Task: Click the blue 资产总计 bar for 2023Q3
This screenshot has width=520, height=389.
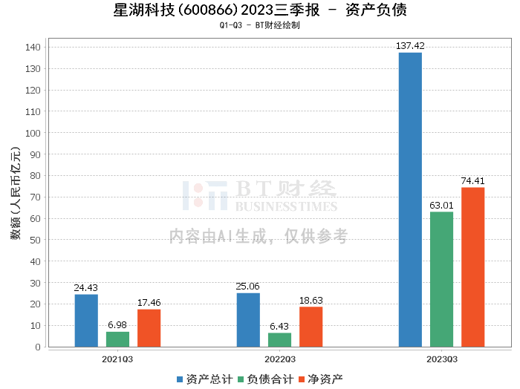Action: (x=410, y=200)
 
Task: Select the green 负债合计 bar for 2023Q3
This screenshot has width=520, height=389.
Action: (x=441, y=279)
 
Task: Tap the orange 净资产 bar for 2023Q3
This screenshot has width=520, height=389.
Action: (x=472, y=267)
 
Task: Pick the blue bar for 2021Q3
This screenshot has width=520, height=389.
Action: (x=86, y=321)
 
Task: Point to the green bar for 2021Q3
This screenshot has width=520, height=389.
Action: (x=117, y=339)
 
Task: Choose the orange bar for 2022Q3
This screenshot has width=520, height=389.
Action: (x=311, y=327)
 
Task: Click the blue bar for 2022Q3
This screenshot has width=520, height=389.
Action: (x=248, y=320)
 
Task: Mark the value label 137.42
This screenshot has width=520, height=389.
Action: (x=410, y=46)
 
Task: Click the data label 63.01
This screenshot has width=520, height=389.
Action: (x=441, y=206)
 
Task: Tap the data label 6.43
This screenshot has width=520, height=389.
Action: (x=279, y=327)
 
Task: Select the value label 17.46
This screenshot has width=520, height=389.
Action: (x=149, y=303)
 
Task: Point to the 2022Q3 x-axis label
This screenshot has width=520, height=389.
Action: (x=279, y=359)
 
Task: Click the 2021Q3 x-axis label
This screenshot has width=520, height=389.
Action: (x=117, y=359)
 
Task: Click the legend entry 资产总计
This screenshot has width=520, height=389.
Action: (x=203, y=379)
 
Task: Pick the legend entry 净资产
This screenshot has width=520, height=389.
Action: (x=320, y=379)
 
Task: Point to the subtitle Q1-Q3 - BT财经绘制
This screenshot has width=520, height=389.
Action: (x=259, y=25)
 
